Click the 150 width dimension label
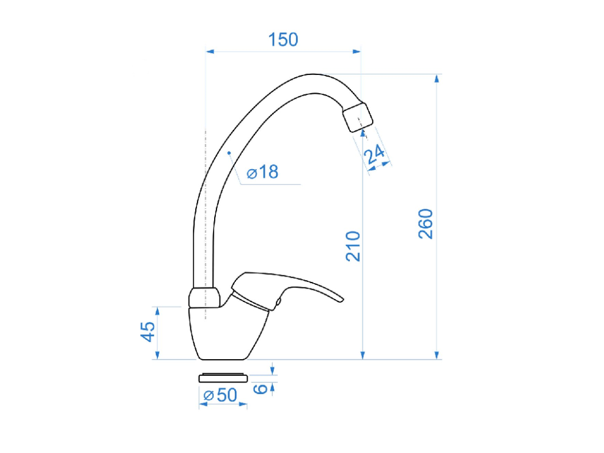pos(283,40)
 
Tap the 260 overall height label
pos(426,224)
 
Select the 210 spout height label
pos(353,247)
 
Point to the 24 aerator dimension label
pos(375,155)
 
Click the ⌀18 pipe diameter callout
pos(262,172)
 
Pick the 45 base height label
pos(147,331)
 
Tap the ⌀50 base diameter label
pos(221,395)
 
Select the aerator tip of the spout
pos(358,117)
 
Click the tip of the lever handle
pos(340,299)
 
